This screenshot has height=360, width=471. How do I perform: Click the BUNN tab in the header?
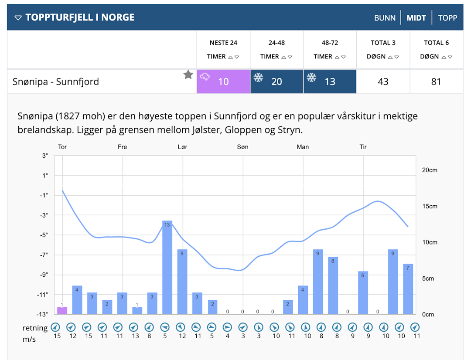(x=385, y=18)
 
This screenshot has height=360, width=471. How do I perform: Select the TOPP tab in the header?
(x=447, y=18)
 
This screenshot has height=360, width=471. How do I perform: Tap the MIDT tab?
(x=416, y=18)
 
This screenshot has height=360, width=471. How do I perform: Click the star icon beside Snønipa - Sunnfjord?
(x=188, y=75)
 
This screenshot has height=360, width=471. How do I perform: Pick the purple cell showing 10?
(x=223, y=82)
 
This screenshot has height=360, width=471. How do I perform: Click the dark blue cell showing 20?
(x=276, y=82)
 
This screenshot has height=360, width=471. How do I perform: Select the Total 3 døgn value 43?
(x=383, y=82)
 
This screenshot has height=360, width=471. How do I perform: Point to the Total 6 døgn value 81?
(x=436, y=82)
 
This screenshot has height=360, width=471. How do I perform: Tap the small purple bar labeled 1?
(x=62, y=310)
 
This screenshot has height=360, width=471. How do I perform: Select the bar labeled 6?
(x=363, y=292)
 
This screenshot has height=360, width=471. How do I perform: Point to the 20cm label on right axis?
(x=430, y=170)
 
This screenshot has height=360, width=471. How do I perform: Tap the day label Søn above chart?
(x=242, y=147)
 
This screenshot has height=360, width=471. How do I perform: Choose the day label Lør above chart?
(x=182, y=147)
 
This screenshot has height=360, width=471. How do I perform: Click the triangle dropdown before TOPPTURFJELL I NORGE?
(x=18, y=18)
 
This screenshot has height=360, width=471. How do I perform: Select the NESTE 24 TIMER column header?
(x=223, y=49)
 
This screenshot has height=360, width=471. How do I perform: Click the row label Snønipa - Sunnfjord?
(x=56, y=82)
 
